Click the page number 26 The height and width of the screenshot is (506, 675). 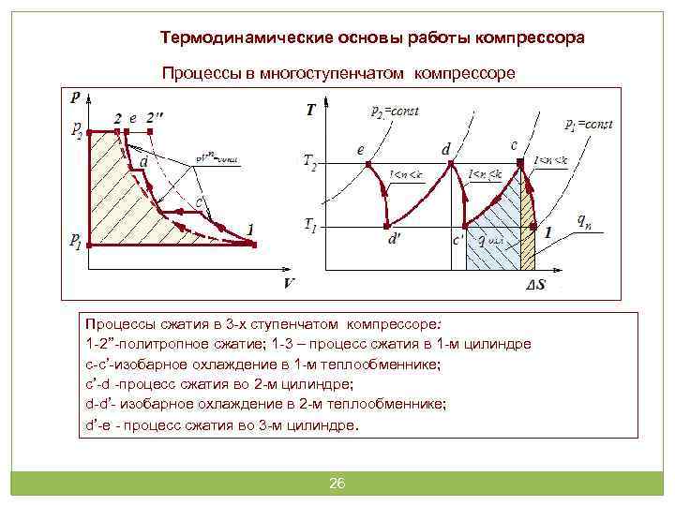click(x=337, y=484)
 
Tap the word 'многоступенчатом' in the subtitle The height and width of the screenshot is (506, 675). click(x=337, y=72)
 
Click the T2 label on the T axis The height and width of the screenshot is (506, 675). click(x=311, y=161)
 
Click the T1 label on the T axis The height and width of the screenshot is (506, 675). click(x=310, y=226)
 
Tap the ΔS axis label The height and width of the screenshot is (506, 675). click(x=535, y=283)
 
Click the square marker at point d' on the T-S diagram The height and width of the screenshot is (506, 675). click(x=387, y=226)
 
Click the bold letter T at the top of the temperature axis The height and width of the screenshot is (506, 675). click(x=310, y=111)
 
